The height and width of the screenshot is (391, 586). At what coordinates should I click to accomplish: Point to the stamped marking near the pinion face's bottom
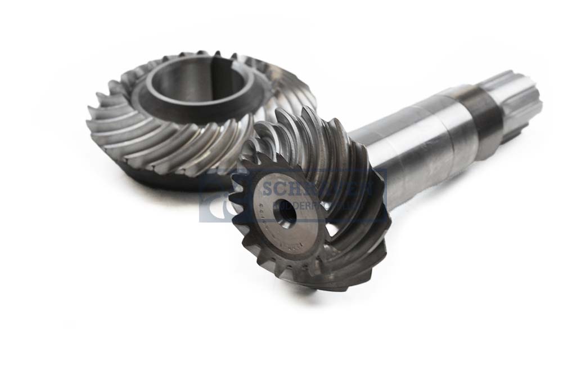(x=292, y=245)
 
